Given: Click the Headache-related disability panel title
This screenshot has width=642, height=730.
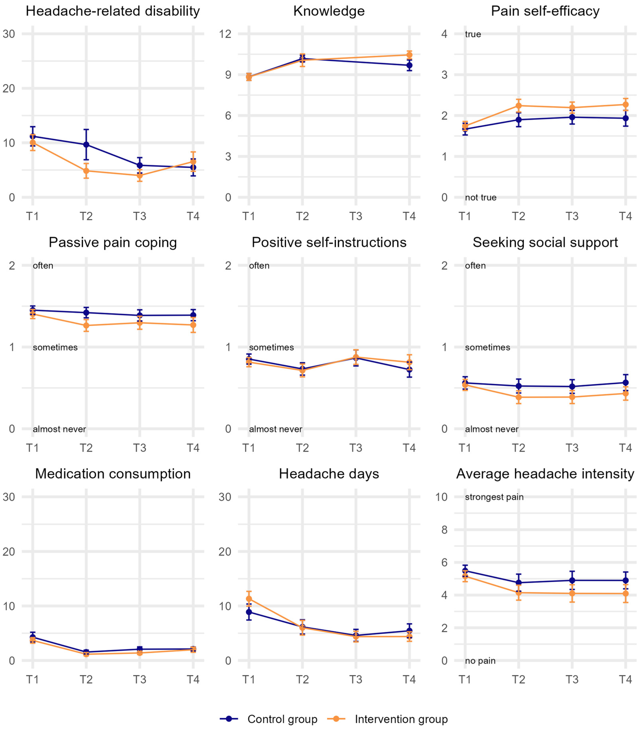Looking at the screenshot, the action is [x=113, y=11].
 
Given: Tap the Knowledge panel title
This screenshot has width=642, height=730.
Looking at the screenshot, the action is [x=329, y=11].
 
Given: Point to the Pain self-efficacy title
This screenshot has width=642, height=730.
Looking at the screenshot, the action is [x=545, y=11].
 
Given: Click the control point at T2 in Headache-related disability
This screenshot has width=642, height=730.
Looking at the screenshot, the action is [x=86, y=145].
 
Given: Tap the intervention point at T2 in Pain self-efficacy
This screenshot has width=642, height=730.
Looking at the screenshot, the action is [x=518, y=106].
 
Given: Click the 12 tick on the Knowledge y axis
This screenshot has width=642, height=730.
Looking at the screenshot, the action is [x=225, y=34].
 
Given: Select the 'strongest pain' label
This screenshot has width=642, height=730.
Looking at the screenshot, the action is [x=494, y=497].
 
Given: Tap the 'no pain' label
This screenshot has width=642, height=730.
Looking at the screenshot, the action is [x=480, y=661].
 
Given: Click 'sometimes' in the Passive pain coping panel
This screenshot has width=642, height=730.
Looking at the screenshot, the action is [x=55, y=347].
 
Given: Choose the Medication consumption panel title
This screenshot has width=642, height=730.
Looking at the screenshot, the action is [x=113, y=474].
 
